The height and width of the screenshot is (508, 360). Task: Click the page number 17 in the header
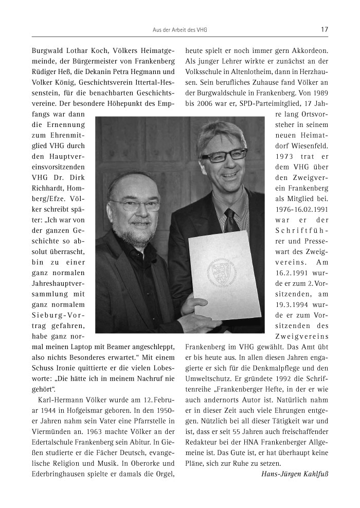[325, 30]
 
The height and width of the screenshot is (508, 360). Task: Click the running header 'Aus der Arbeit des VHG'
[179, 30]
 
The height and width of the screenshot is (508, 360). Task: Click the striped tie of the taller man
[230, 219]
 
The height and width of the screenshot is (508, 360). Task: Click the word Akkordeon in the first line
[312, 50]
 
